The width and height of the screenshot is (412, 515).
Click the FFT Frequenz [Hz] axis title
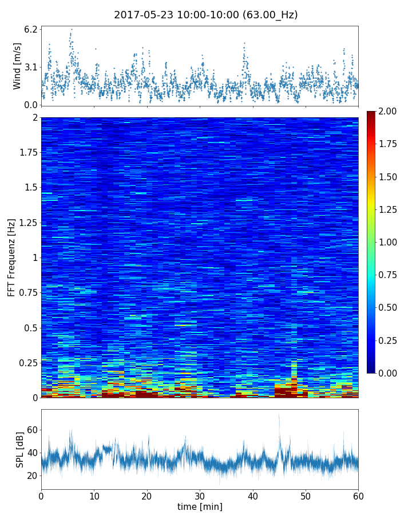[11, 257]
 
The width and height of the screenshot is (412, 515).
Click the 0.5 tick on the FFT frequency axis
[29, 328]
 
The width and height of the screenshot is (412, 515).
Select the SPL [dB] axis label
[19, 449]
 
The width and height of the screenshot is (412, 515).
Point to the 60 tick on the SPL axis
[32, 430]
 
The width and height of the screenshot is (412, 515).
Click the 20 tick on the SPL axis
[32, 476]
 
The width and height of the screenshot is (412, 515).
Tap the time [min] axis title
[200, 506]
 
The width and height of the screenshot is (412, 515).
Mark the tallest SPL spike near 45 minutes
[279, 415]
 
